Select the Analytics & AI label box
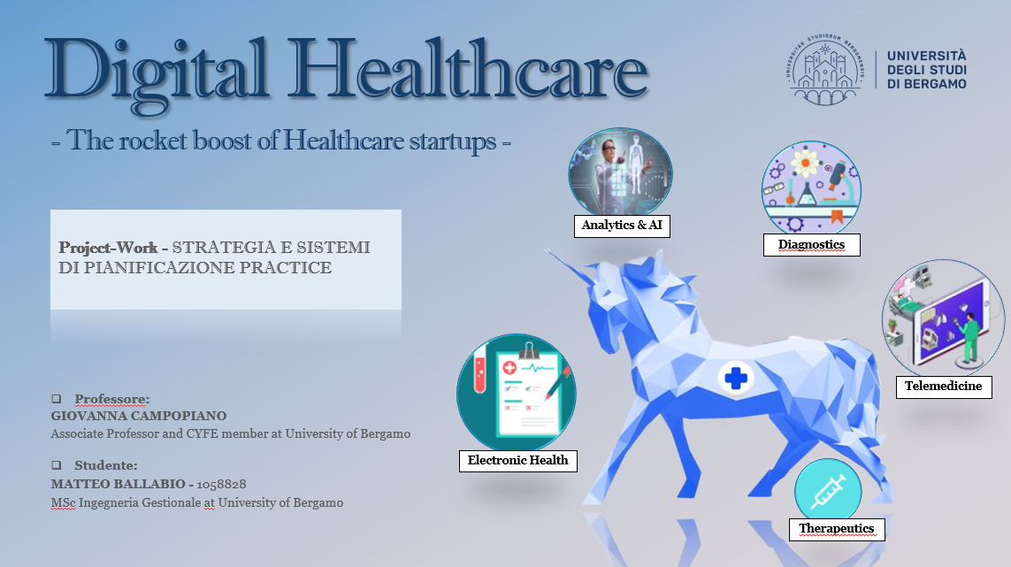(x=622, y=226)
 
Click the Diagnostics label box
(x=811, y=244)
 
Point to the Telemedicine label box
(x=943, y=387)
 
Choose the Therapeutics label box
(x=836, y=528)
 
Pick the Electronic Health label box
(x=518, y=460)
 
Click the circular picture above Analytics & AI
(x=620, y=173)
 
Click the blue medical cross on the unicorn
(x=735, y=379)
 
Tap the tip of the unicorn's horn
(x=547, y=253)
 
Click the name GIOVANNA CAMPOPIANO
(x=139, y=416)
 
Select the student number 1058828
(x=221, y=485)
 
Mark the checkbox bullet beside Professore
(x=56, y=398)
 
